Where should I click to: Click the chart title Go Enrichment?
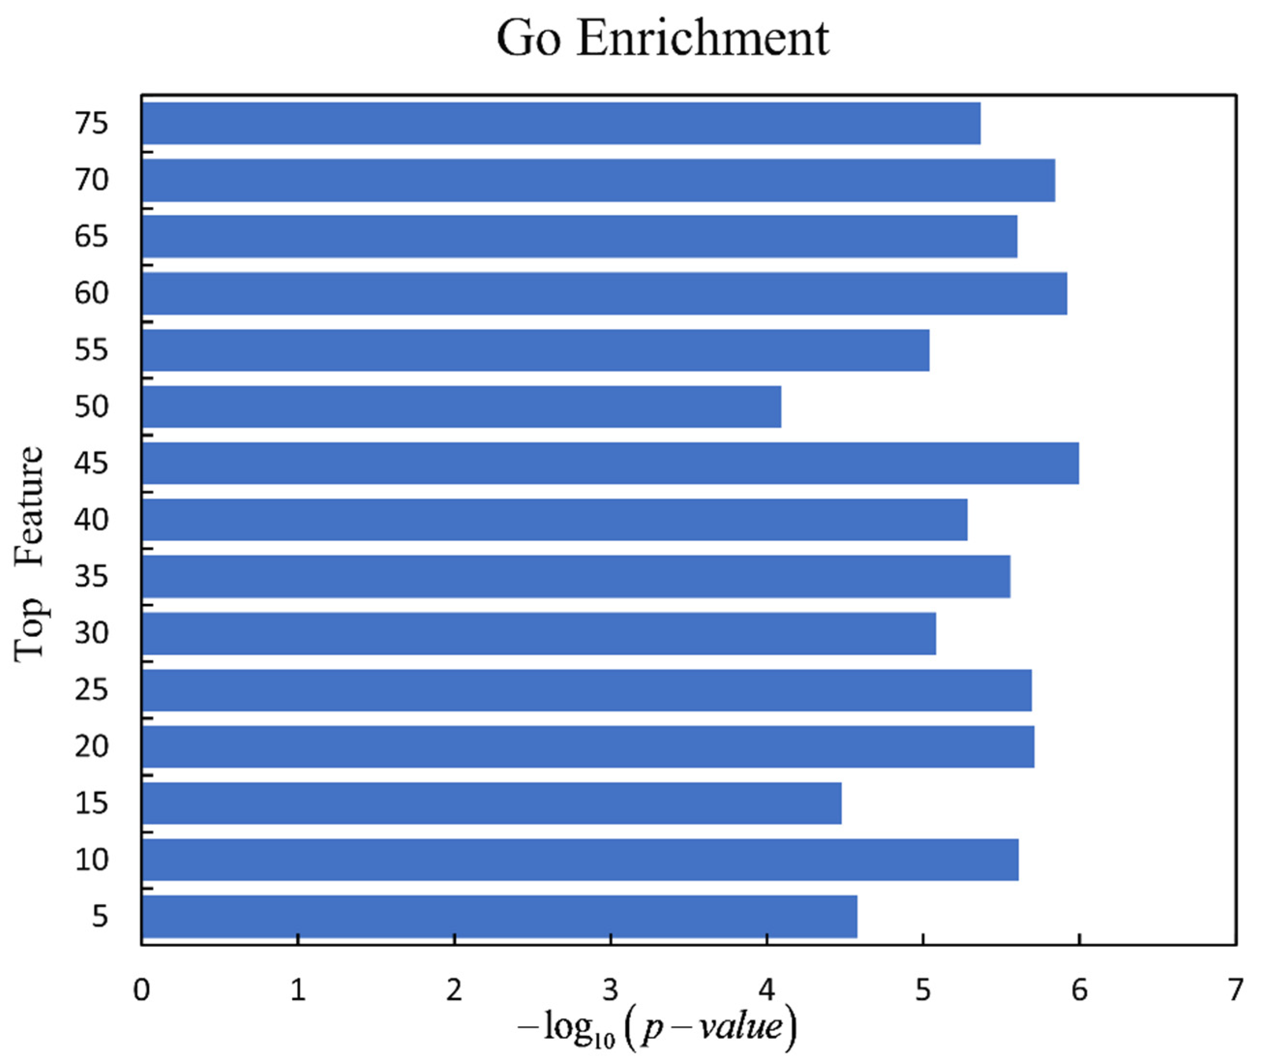[x=663, y=39]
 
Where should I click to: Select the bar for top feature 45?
[x=610, y=463]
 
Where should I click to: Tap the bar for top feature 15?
[x=492, y=803]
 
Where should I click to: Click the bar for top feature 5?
[x=499, y=917]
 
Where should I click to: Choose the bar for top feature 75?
[x=561, y=123]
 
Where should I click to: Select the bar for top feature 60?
[x=604, y=294]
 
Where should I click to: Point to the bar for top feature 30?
[x=538, y=634]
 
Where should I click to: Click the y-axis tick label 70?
[x=91, y=179]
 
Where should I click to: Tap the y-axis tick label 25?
[x=91, y=690]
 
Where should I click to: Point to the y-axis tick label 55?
[x=91, y=350]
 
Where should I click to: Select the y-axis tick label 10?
[x=91, y=860]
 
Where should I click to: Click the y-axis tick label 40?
[x=91, y=519]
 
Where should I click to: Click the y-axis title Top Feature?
[x=30, y=555]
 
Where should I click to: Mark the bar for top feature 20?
[x=588, y=747]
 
